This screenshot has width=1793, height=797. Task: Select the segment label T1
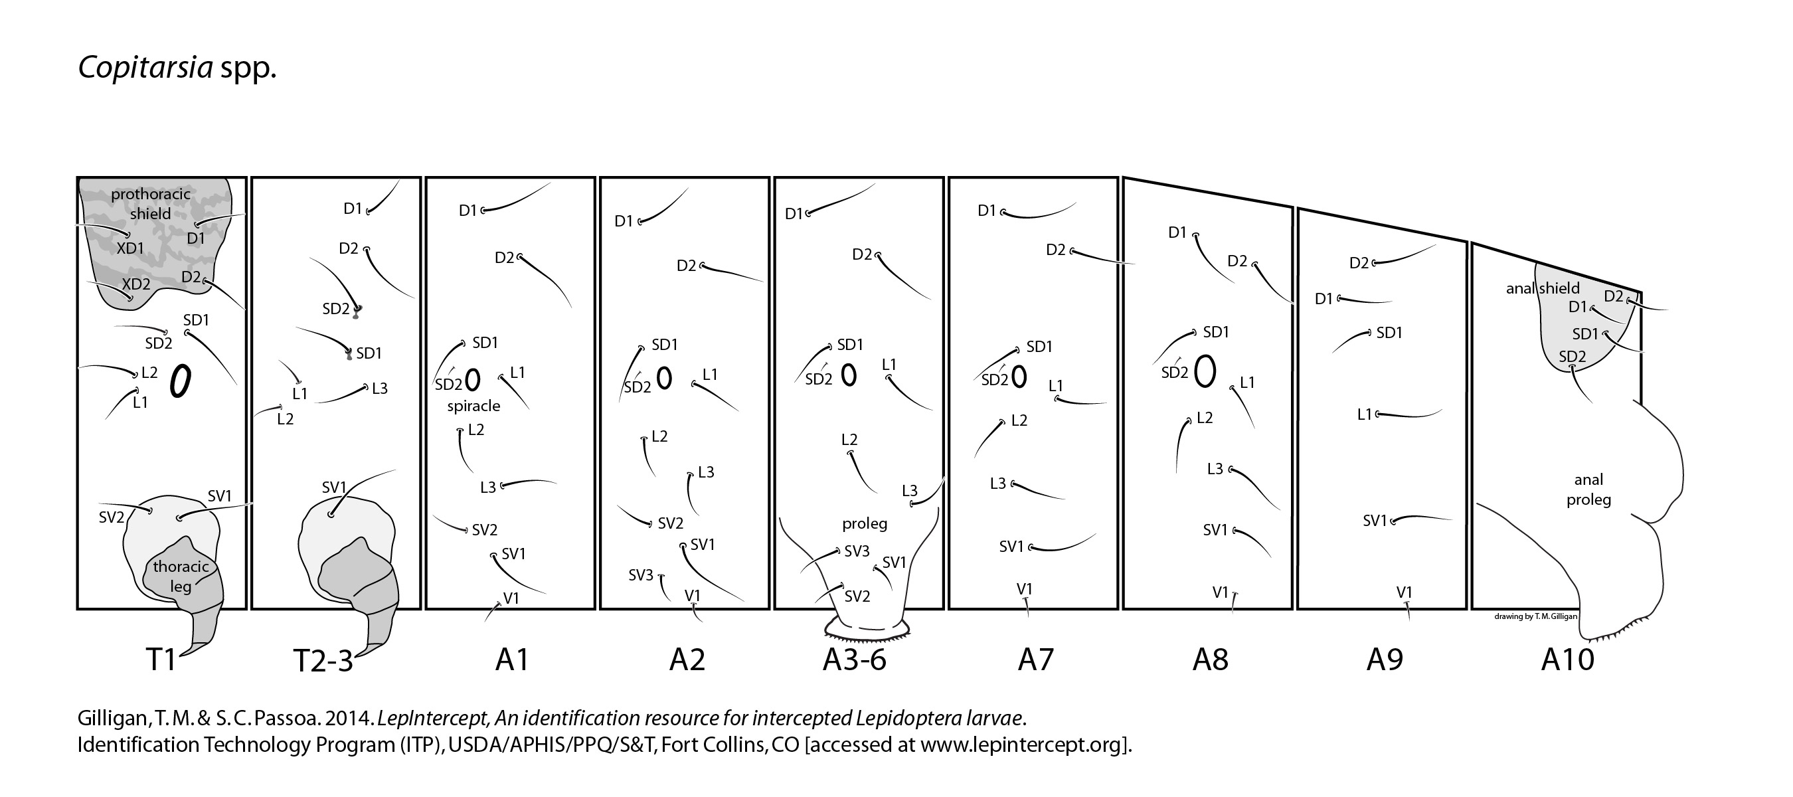[161, 659]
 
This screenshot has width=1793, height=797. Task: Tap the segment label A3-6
[854, 659]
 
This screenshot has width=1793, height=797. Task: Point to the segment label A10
[1567, 659]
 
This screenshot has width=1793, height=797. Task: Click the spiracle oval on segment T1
[180, 381]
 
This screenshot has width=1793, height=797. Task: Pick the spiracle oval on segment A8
[1205, 371]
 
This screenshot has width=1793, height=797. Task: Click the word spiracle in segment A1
[473, 406]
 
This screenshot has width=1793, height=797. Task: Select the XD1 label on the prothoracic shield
[130, 248]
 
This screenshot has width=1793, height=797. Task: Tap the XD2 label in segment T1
[135, 284]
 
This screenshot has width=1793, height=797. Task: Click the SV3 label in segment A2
[640, 576]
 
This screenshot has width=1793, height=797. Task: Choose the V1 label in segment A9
[1404, 592]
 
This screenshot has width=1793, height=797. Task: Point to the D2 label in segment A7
[1055, 249]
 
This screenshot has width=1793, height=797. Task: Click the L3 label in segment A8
[1215, 469]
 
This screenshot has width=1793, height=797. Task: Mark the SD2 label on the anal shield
[1573, 357]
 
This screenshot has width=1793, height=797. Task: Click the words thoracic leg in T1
[181, 576]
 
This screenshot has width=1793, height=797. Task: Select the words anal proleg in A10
[1588, 489]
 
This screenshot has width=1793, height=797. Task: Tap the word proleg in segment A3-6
[865, 523]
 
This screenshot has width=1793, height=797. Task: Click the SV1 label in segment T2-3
[334, 487]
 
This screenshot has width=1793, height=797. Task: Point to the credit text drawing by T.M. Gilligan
[1535, 617]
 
